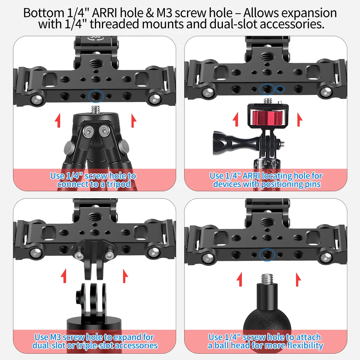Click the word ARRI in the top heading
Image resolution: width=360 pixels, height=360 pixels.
104,13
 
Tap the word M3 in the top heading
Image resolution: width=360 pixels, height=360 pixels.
165,13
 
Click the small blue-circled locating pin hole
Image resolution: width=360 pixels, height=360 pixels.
279,89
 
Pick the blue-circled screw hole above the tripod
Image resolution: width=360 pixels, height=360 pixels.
96,96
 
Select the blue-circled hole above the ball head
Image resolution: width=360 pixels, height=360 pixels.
267,255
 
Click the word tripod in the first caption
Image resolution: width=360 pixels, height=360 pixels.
118,184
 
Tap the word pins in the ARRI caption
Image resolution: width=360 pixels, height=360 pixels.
313,184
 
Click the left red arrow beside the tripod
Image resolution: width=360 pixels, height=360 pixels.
58,120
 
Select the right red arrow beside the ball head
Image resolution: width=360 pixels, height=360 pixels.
298,279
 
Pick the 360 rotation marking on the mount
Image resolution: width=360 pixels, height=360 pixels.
95,37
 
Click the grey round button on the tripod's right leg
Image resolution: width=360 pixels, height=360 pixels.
123,146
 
